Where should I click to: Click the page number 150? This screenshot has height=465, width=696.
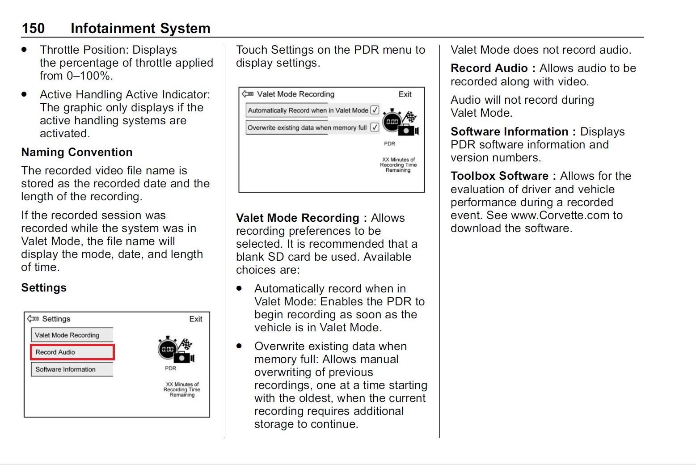pos(33,28)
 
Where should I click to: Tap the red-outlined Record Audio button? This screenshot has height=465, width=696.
pos(72,352)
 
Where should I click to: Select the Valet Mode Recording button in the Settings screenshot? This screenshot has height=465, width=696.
pos(72,335)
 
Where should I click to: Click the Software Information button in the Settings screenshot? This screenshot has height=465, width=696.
pos(72,369)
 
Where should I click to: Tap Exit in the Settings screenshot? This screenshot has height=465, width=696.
pos(195,319)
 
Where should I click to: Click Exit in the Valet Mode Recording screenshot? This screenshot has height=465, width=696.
pos(405,94)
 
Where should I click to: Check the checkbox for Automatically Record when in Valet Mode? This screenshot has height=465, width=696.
pos(375,110)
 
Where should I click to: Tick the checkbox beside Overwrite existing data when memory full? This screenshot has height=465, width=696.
pos(375,127)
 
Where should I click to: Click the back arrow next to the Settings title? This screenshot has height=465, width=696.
pos(33,319)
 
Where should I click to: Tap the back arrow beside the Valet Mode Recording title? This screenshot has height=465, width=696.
pos(248,94)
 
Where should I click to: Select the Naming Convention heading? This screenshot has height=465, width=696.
pos(76,152)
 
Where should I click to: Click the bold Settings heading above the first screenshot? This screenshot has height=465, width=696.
pos(44,287)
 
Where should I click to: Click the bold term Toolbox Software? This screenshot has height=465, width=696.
pos(499,176)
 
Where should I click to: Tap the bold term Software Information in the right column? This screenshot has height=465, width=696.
pos(509,131)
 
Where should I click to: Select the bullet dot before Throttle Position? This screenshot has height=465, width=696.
pos(24,50)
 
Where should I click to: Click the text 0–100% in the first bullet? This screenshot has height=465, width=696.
pos(89,76)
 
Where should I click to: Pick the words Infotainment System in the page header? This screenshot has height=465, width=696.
pos(140,28)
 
